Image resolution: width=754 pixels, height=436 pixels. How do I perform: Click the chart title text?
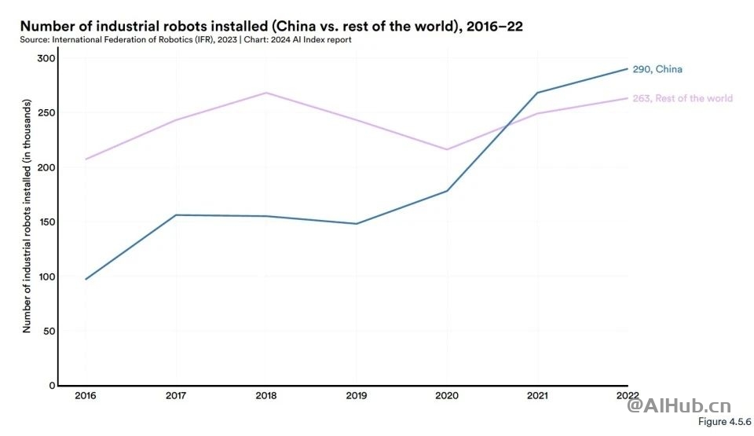click(272, 26)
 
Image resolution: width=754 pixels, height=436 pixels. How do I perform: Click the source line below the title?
click(186, 39)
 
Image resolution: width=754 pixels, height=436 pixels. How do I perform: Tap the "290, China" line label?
click(657, 69)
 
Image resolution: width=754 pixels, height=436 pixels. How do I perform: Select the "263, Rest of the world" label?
click(683, 98)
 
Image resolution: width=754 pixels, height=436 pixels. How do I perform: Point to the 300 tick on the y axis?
click(46, 58)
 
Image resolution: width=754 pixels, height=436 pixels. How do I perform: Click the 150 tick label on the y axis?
click(46, 222)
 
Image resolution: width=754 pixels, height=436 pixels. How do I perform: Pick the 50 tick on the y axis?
click(49, 331)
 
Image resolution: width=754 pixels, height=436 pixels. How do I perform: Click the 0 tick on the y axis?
click(52, 386)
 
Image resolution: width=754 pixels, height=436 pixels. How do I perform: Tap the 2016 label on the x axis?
click(86, 394)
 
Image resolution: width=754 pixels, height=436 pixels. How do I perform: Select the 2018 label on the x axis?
click(266, 394)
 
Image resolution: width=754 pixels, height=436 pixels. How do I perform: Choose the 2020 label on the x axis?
click(447, 394)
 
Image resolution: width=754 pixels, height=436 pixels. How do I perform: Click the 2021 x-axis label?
click(537, 394)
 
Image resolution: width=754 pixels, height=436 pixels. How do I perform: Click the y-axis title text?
click(27, 216)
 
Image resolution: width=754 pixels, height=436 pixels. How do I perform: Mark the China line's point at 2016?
click(86, 279)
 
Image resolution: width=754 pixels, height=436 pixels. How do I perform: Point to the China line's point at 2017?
click(176, 215)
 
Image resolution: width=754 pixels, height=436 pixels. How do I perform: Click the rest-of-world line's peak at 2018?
click(266, 93)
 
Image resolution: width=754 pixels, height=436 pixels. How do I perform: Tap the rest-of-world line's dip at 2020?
click(447, 149)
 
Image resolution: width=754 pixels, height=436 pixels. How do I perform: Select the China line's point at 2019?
click(357, 224)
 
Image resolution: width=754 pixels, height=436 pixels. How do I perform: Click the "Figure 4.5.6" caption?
click(723, 422)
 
